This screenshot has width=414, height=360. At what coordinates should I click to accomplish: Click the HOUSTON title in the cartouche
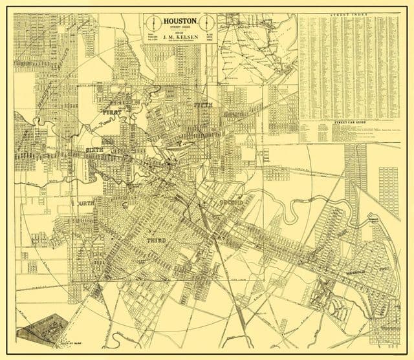point(180,20)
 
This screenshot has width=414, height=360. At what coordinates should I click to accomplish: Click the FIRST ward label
point(111,112)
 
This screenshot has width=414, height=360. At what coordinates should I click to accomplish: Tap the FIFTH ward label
point(202,103)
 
